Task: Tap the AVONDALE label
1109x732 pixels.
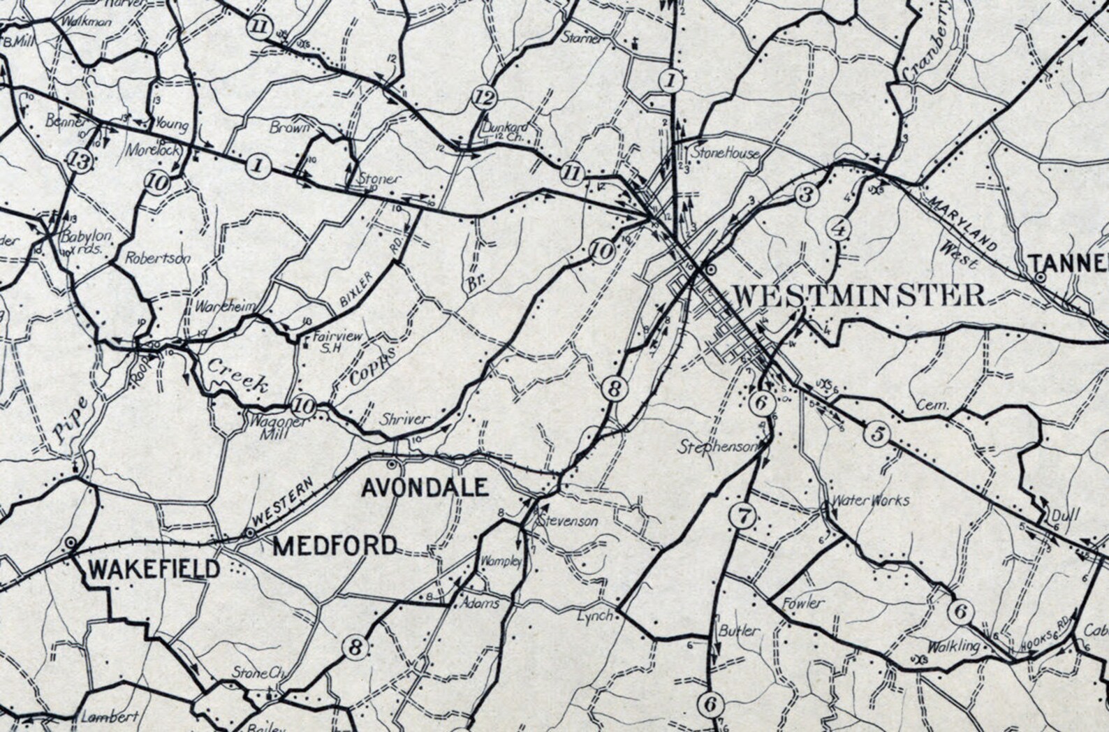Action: click(x=425, y=487)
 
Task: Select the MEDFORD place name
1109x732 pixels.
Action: click(x=335, y=545)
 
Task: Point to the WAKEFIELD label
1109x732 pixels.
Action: click(x=154, y=569)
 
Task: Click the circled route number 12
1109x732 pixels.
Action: click(x=484, y=97)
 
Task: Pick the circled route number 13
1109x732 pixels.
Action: click(x=81, y=162)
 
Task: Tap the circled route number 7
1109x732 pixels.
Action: click(x=742, y=517)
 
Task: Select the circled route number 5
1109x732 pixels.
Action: click(x=877, y=434)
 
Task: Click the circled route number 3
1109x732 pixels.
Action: click(x=807, y=194)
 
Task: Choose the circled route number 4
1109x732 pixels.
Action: click(x=839, y=228)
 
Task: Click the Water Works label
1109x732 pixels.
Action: click(x=869, y=500)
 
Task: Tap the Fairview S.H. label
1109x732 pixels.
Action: click(x=337, y=342)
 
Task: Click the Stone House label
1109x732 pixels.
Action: click(x=725, y=152)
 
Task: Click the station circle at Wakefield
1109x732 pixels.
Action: click(x=71, y=543)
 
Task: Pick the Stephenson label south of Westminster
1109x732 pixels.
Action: click(x=718, y=447)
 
